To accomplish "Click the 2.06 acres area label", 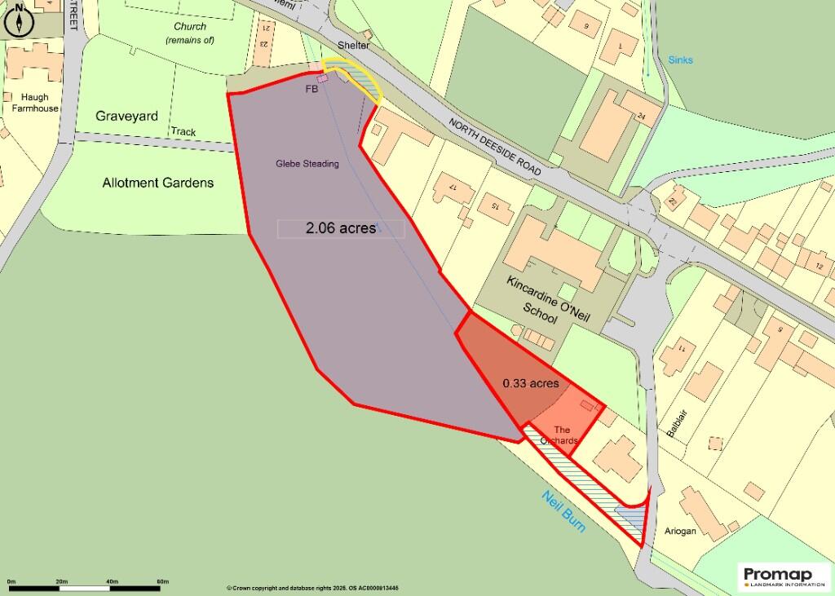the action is tap(340, 228).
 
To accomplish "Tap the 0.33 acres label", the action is tap(530, 382).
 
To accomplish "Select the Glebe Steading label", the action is tap(307, 164).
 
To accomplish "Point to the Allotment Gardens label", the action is tap(158, 183).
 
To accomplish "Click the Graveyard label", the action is tap(126, 117).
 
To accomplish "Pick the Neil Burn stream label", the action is tap(563, 511).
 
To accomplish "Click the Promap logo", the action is tap(784, 575).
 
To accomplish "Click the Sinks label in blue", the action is tap(680, 60).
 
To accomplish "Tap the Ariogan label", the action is tap(680, 531).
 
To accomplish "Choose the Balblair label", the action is tap(672, 423).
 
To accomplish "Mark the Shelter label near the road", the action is tap(355, 46).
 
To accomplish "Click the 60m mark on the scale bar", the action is tap(162, 581).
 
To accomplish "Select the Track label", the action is tap(183, 131).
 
